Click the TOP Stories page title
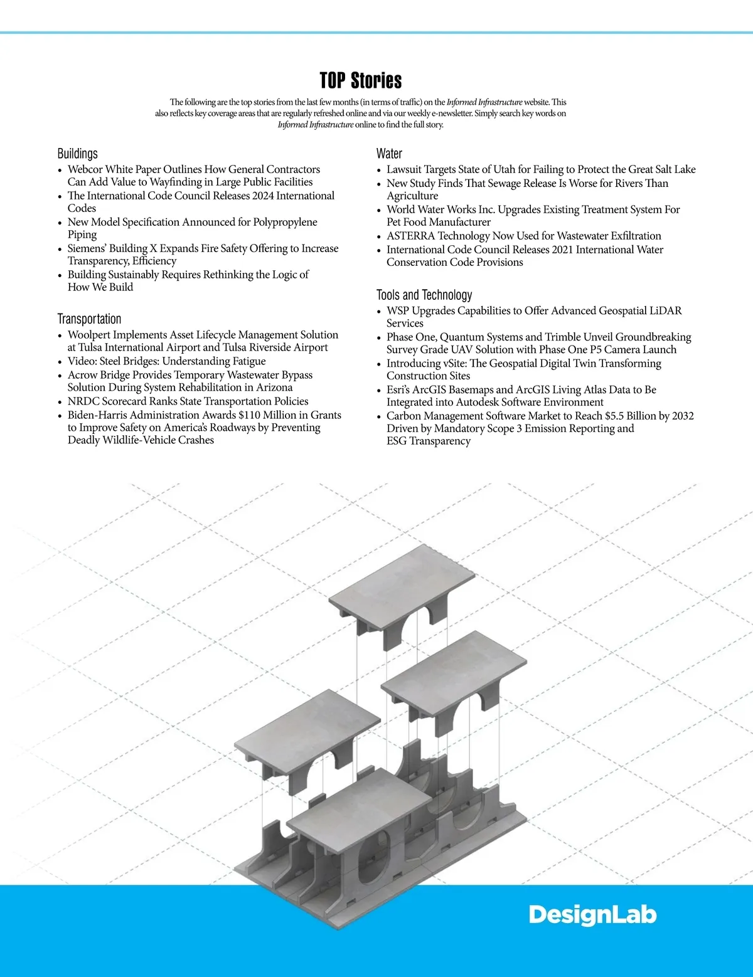[x=361, y=81]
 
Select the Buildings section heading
[x=78, y=154]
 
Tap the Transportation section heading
[x=89, y=319]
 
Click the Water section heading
[x=389, y=154]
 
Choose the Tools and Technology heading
[x=424, y=295]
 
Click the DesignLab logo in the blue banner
[x=592, y=915]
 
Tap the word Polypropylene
[x=286, y=222]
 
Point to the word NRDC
[x=83, y=401]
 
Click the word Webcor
[x=85, y=169]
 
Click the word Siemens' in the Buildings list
[x=87, y=248]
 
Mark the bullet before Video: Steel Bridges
[x=60, y=362]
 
